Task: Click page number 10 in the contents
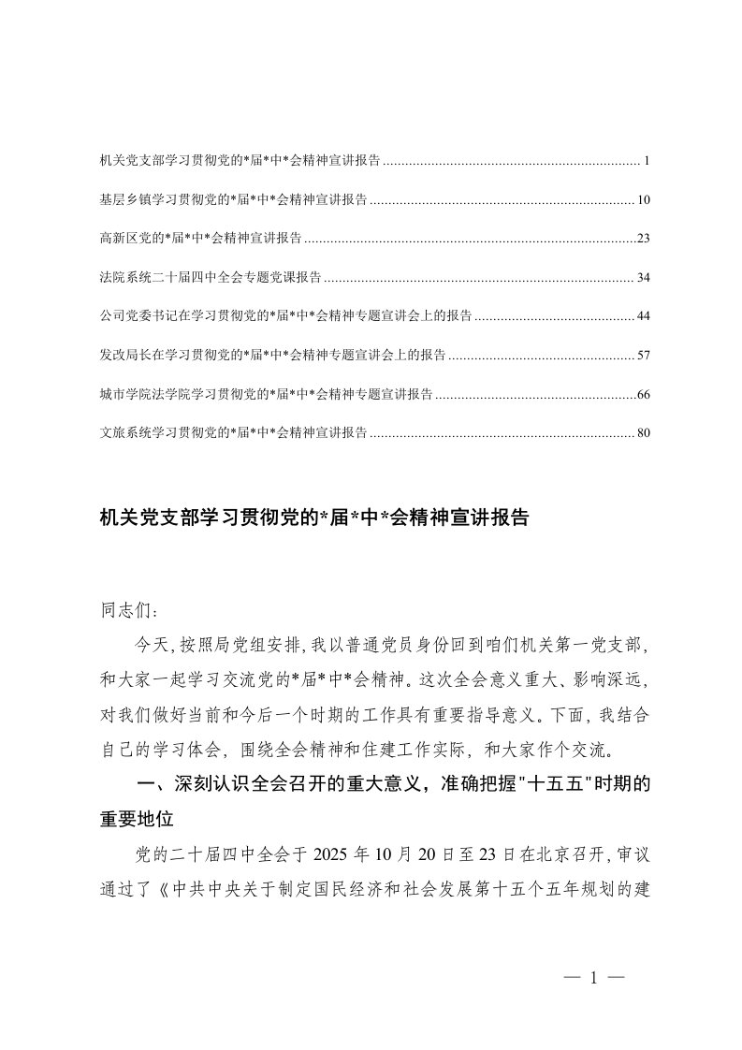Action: click(x=643, y=200)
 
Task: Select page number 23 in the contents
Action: click(x=643, y=239)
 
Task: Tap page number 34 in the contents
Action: click(x=643, y=278)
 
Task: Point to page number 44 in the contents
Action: click(x=643, y=316)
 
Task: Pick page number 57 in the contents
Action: click(x=643, y=356)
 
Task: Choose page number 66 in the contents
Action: click(x=643, y=394)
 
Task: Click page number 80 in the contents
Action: click(x=643, y=433)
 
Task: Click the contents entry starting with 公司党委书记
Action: click(x=285, y=316)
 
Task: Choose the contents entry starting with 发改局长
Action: click(x=271, y=356)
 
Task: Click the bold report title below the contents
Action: click(x=313, y=518)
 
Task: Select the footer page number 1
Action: click(x=594, y=979)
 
